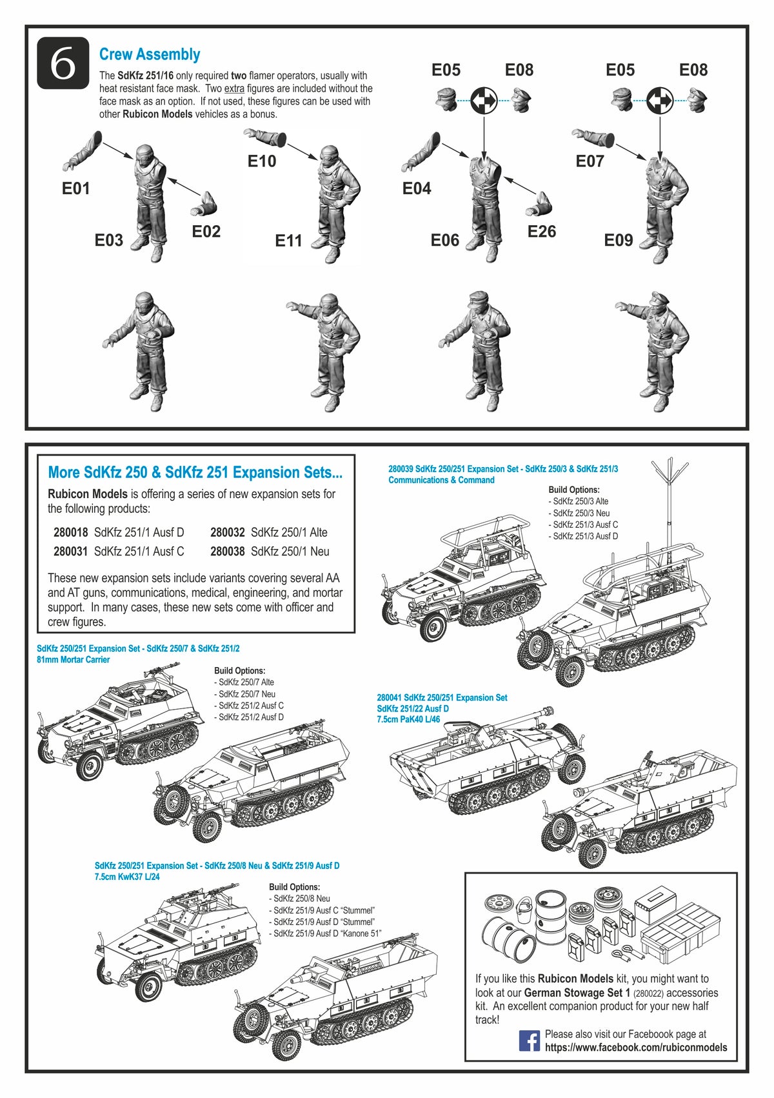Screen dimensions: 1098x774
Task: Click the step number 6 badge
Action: (63, 63)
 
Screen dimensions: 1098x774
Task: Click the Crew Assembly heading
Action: (149, 54)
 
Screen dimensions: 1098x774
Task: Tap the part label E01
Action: (75, 188)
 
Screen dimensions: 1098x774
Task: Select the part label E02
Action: (206, 231)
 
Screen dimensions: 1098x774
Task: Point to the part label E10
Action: (262, 161)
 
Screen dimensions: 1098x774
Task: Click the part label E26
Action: (541, 231)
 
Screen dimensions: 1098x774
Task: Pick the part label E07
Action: (590, 161)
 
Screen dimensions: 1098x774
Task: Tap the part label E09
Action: (619, 240)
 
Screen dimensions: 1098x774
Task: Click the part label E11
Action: (288, 241)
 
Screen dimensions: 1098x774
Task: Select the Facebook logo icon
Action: (530, 1040)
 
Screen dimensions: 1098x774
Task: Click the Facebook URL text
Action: (635, 1048)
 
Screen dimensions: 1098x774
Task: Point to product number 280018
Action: (70, 532)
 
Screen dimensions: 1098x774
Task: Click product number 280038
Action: (227, 551)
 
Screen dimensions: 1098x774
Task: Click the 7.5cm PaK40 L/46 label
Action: (408, 719)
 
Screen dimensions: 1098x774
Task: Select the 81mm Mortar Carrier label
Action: (73, 659)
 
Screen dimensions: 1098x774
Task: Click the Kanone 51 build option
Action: (328, 933)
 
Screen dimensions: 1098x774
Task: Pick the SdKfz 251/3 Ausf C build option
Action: (585, 524)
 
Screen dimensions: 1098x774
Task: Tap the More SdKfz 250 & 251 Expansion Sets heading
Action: (195, 472)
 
